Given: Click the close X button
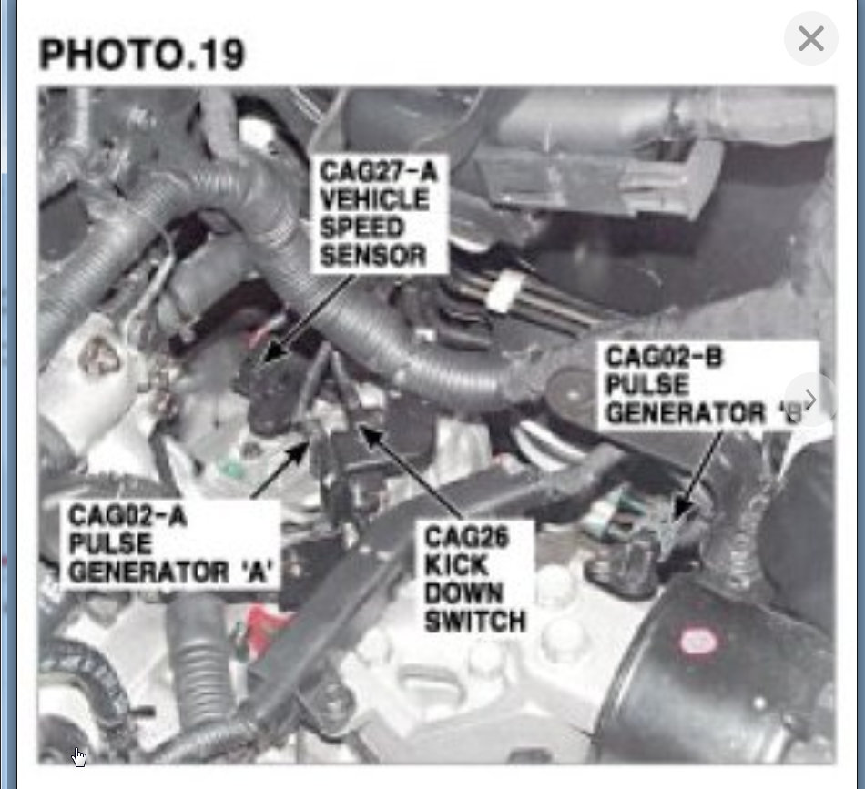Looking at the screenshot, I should click(810, 39).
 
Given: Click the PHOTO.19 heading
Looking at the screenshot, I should click(142, 55).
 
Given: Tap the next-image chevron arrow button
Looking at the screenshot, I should click(809, 400).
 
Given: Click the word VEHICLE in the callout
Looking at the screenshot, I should click(373, 199).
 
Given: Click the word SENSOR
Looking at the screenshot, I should click(372, 255).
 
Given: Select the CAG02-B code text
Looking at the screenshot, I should click(664, 357).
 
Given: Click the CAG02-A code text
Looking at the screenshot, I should click(127, 516).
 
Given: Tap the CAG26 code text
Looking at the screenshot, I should click(466, 536).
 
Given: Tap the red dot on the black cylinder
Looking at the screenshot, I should click(698, 642).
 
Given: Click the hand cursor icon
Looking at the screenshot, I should click(80, 757).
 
